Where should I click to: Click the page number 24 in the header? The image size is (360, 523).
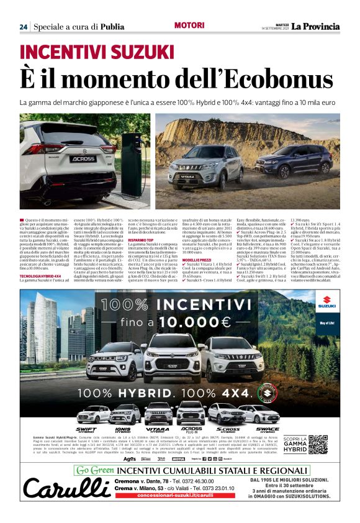[24, 27]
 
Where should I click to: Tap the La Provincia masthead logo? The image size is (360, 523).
[316, 26]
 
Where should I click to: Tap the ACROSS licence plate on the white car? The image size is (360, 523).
[65, 158]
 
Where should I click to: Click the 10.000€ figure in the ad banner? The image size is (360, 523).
[194, 322]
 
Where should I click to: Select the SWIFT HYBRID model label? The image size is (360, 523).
[86, 430]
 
